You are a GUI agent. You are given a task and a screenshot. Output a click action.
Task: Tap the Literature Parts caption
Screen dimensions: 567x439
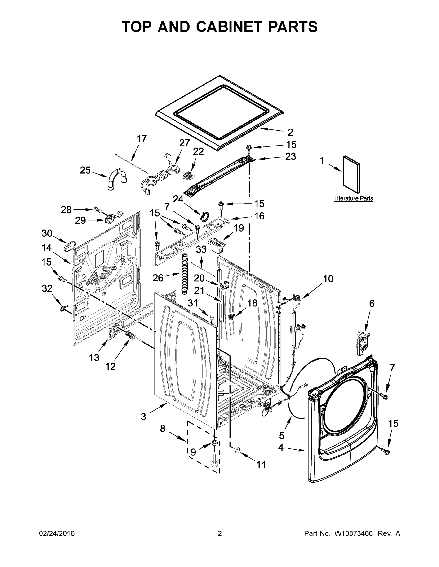[353, 198]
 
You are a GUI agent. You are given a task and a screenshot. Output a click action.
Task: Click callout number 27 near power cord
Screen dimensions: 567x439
[184, 143]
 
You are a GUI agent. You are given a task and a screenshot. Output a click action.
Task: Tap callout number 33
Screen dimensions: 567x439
[201, 250]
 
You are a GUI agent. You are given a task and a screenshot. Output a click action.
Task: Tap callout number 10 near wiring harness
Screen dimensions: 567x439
[328, 279]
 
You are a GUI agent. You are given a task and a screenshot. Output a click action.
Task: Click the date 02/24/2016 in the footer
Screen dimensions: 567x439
[57, 533]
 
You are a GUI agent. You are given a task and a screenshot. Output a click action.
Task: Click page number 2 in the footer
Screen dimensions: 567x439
[220, 533]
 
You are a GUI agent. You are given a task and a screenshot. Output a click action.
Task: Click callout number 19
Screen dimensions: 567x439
[239, 228]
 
